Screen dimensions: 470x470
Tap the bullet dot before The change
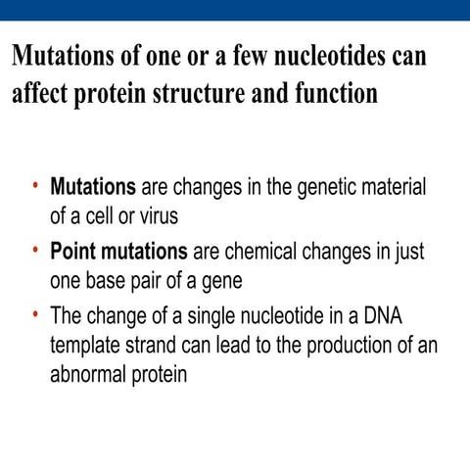coord(34,315)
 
